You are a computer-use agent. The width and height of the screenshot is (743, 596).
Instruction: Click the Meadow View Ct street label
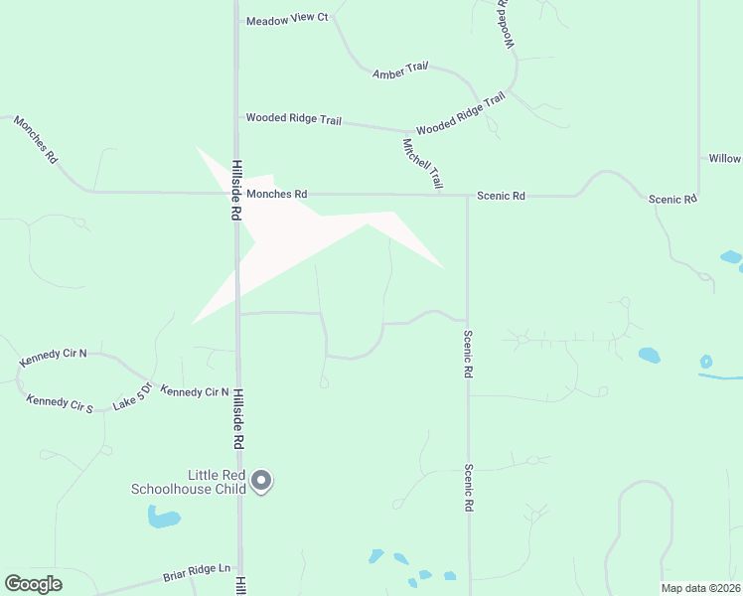(x=287, y=20)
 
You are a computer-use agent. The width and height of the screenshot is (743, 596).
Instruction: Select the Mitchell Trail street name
(x=422, y=164)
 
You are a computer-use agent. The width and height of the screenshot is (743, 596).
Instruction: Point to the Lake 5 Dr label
(x=131, y=395)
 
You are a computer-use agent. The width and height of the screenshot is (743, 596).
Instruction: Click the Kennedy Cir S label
(x=60, y=402)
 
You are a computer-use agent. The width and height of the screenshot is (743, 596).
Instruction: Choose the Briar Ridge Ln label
(x=197, y=573)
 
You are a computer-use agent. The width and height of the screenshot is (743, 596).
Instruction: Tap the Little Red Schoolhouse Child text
(x=188, y=482)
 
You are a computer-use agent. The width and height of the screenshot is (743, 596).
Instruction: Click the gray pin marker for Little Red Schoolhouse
(x=261, y=481)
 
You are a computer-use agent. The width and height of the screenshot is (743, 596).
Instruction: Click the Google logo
(x=33, y=584)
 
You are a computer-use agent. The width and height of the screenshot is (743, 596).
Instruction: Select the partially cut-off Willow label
(x=724, y=159)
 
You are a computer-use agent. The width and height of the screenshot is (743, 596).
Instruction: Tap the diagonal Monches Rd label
(x=36, y=139)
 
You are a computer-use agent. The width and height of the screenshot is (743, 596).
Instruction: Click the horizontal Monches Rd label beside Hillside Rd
(x=277, y=195)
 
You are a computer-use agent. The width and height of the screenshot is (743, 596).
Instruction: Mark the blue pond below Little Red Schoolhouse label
(x=163, y=518)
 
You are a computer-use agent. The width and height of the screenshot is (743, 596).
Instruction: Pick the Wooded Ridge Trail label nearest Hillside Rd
(x=294, y=119)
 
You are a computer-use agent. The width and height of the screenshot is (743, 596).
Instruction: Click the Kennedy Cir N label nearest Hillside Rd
(x=195, y=392)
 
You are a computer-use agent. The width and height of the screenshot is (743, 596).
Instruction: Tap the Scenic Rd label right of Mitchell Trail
(x=501, y=197)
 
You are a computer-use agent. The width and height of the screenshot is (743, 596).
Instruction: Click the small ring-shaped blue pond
(x=706, y=362)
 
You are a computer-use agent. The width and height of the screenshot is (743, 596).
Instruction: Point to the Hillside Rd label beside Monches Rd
(x=237, y=190)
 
